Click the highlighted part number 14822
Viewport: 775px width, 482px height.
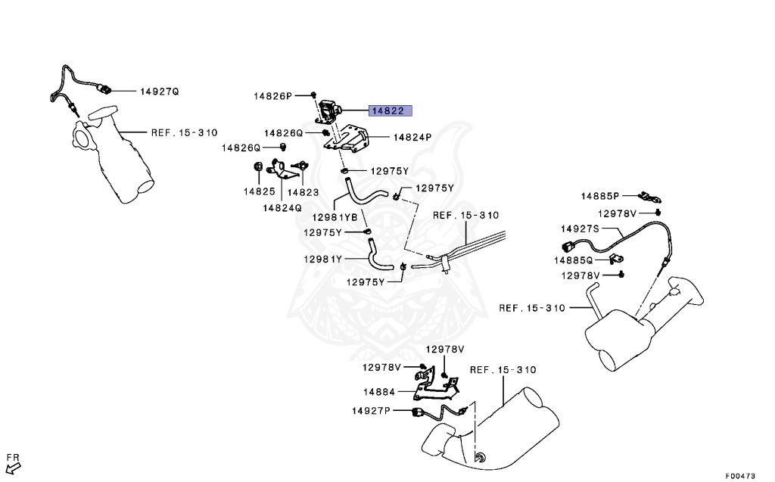click(x=391, y=110)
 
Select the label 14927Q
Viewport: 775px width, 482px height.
click(x=159, y=92)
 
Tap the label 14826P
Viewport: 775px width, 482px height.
click(x=272, y=96)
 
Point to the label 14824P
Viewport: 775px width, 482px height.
click(x=412, y=138)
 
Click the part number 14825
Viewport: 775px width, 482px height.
click(x=258, y=191)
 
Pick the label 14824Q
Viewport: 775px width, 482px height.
click(x=282, y=207)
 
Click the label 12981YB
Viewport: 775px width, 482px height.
click(x=334, y=219)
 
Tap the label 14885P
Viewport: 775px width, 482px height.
click(x=600, y=196)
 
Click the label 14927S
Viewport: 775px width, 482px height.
click(x=580, y=228)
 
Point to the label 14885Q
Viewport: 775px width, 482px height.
click(x=574, y=260)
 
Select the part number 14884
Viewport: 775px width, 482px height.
click(x=379, y=392)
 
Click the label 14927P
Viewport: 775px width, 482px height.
click(x=371, y=411)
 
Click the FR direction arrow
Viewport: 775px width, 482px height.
click(x=13, y=462)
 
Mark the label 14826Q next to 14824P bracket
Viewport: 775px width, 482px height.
click(x=283, y=132)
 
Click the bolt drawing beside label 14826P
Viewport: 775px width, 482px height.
click(x=313, y=95)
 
